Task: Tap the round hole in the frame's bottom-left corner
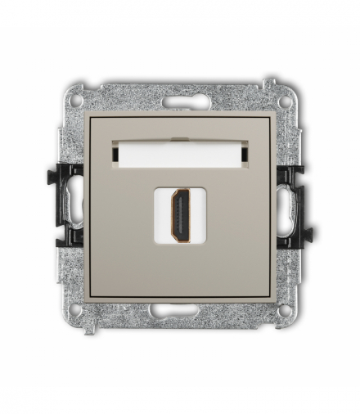pos(75,310)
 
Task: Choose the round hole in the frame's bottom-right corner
pos(285,310)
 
